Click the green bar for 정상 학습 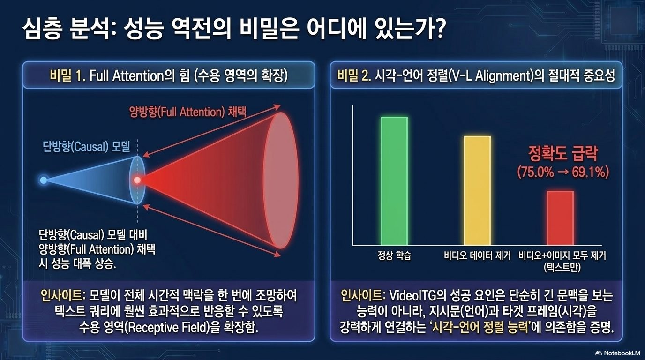coord(395,181)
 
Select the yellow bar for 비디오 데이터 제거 coord(477,191)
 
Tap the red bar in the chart coord(560,218)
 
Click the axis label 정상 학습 coord(395,255)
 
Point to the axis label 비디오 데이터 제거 coord(477,255)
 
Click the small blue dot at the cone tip coord(44,180)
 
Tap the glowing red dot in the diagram coord(137,180)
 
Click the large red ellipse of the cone coord(280,180)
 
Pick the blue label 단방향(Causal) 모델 coord(86,147)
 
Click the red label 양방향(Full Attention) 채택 coord(188,112)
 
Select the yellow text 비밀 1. coord(67,76)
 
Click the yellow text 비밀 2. coord(355,76)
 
